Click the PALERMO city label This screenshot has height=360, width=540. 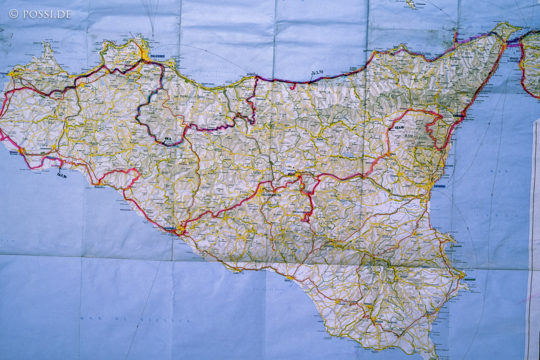click(x=158, y=57)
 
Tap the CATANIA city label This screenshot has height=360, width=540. click(x=439, y=186)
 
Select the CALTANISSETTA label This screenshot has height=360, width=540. click(x=271, y=194)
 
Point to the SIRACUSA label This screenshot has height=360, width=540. click(x=469, y=279)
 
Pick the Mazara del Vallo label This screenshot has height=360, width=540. click(x=13, y=153)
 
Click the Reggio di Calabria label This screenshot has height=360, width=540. click(x=514, y=59)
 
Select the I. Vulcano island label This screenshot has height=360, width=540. click(x=420, y=4)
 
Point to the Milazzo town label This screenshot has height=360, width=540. click(x=460, y=39)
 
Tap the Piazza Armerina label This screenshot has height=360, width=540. click(x=301, y=212)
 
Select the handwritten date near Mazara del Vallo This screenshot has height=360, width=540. click(x=62, y=175)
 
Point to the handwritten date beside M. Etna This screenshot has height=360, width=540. click(x=399, y=127)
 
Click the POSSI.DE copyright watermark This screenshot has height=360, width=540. click(x=40, y=14)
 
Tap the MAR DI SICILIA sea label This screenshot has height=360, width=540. click(x=135, y=319)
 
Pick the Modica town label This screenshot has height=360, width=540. click(x=379, y=321)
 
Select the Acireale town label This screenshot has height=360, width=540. click(x=449, y=166)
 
